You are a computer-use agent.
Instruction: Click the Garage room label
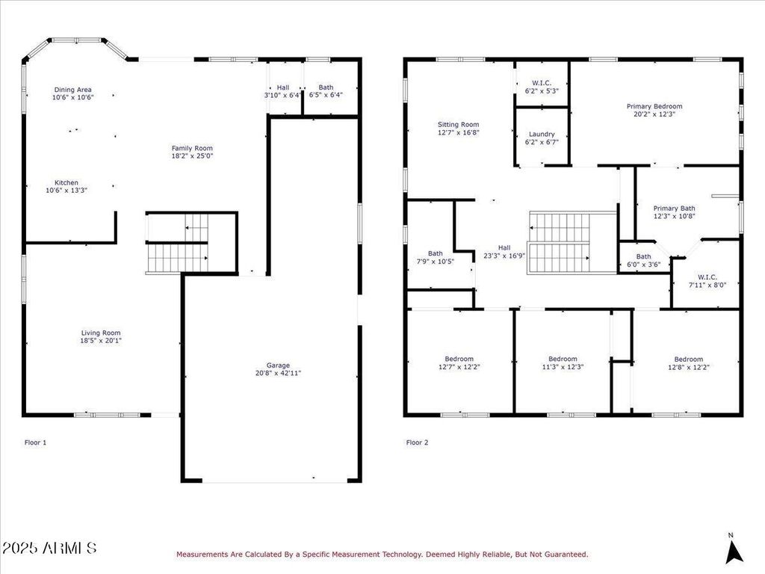(x=278, y=365)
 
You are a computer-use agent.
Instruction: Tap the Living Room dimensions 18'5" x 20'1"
(x=101, y=341)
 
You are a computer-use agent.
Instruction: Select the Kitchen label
(x=66, y=182)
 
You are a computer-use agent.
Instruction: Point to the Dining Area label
(x=72, y=90)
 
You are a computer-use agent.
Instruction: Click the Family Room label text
(x=192, y=149)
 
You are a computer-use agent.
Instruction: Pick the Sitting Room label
(x=458, y=125)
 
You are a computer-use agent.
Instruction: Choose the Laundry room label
(x=542, y=135)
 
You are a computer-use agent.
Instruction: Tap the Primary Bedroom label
(x=654, y=106)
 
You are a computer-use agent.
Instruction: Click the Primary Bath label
(x=675, y=209)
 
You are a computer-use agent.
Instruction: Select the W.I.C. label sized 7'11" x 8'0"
(x=707, y=277)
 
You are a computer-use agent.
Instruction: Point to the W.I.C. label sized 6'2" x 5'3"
(x=542, y=83)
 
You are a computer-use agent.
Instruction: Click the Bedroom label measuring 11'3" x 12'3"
(x=563, y=359)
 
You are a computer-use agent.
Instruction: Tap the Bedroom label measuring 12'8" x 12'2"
(x=688, y=359)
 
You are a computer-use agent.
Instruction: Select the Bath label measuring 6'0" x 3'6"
(x=643, y=257)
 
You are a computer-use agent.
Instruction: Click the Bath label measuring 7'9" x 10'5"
(x=436, y=254)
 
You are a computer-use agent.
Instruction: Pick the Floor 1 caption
(x=36, y=442)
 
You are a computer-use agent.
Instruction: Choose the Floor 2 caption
(x=417, y=442)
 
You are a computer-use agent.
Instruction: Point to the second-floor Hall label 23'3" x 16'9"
(x=504, y=248)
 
